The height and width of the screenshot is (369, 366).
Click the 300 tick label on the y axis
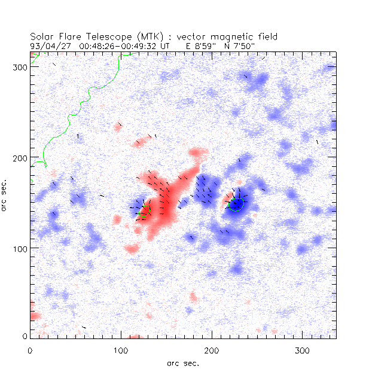pyautogui.click(x=22, y=67)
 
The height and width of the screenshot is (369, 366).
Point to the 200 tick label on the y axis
pyautogui.click(x=22, y=157)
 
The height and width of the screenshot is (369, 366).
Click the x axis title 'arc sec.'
pyautogui.click(x=183, y=363)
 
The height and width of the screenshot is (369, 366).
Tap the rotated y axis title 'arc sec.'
pyautogui.click(x=6, y=195)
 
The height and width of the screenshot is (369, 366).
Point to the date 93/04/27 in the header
pyautogui.click(x=50, y=45)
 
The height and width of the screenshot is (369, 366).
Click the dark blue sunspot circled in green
pyautogui.click(x=236, y=204)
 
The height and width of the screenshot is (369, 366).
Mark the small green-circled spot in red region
pyautogui.click(x=144, y=211)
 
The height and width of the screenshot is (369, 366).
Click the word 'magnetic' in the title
pyautogui.click(x=218, y=36)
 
